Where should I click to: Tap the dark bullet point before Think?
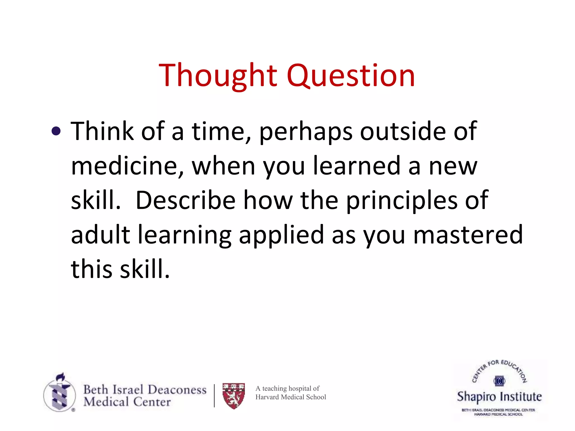(56, 131)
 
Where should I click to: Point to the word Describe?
(185, 200)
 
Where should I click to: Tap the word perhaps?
(305, 132)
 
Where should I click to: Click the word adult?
(101, 235)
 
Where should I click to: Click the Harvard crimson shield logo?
(234, 396)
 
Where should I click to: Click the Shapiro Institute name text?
(499, 397)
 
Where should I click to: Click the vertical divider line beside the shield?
(214, 396)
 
